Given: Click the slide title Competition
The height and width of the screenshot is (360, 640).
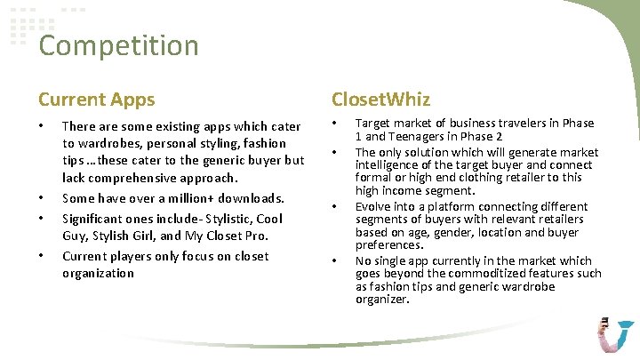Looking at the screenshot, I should pos(118,45).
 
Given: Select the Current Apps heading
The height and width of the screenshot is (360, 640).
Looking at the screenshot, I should pos(96,100).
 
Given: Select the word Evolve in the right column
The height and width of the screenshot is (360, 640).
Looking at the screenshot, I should pos(373,206).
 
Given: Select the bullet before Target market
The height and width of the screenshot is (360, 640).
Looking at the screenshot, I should pos(334,124).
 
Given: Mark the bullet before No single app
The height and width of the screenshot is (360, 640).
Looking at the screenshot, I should pos(334,261).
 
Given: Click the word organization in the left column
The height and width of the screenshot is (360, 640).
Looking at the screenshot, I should pos(98,273).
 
